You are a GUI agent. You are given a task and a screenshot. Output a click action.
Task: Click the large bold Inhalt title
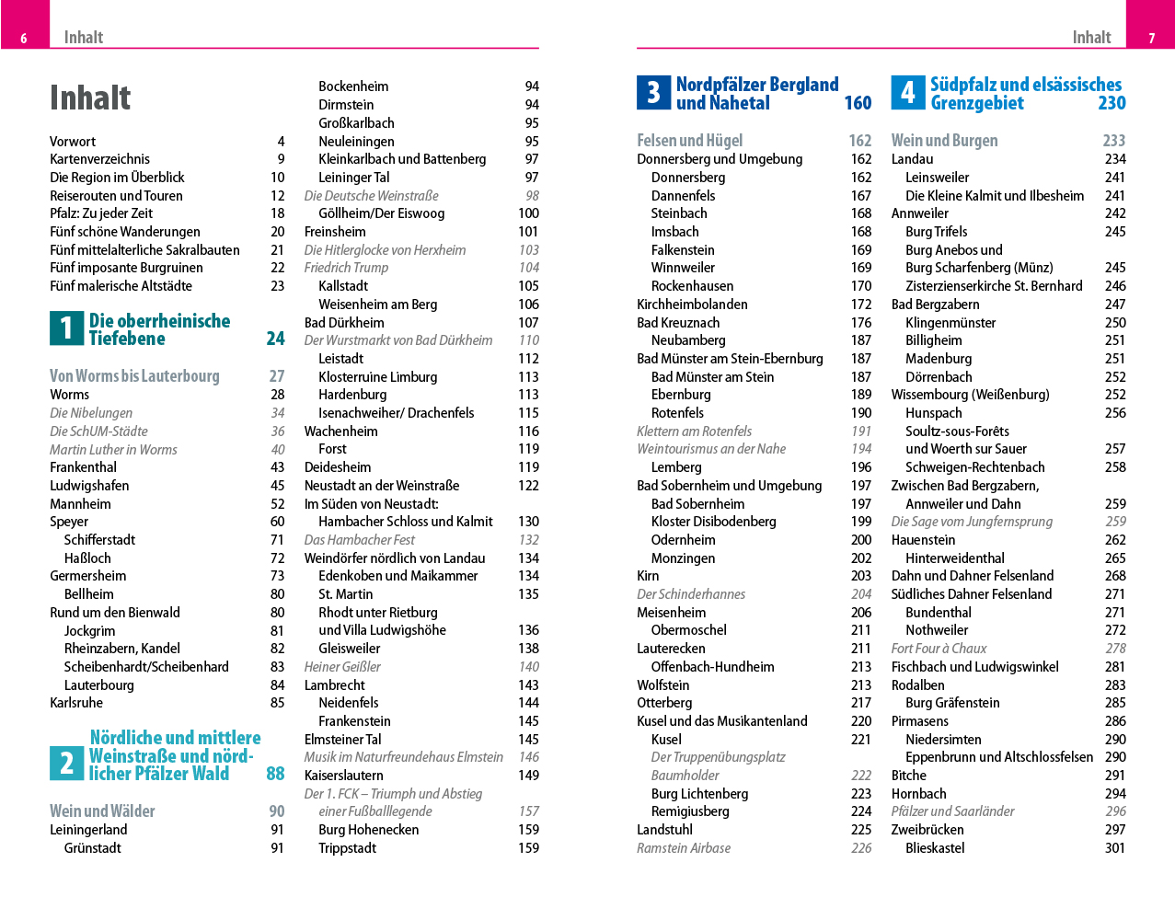(x=90, y=98)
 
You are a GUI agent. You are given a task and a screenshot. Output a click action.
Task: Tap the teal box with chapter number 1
(x=66, y=328)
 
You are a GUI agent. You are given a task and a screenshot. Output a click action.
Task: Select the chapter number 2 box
(x=66, y=764)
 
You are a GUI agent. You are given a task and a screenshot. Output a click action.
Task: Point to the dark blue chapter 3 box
(x=653, y=93)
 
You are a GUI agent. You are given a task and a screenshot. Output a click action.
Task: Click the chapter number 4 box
(x=907, y=93)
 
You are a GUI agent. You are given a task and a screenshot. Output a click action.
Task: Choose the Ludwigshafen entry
(x=89, y=486)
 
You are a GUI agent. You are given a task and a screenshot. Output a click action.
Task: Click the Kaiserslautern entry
(x=344, y=776)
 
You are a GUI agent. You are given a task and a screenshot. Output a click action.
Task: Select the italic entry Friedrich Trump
(x=346, y=268)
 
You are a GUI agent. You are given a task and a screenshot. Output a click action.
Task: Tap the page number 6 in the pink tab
(x=24, y=38)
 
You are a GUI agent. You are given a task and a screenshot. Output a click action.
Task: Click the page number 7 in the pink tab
(x=1151, y=38)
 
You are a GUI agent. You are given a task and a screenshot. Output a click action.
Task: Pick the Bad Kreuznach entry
(x=678, y=323)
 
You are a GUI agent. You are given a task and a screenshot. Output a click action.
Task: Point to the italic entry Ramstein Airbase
(x=684, y=848)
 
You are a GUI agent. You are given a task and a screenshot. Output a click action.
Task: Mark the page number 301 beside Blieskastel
(x=1115, y=848)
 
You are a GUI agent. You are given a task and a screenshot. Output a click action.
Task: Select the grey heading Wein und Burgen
(x=944, y=141)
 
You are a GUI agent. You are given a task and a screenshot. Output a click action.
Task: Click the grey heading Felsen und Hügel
(x=689, y=141)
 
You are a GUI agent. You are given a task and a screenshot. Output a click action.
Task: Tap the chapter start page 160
(x=858, y=103)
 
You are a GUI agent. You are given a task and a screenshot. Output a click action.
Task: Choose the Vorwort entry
(x=73, y=142)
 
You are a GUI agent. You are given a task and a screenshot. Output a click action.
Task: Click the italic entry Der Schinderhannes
(x=691, y=594)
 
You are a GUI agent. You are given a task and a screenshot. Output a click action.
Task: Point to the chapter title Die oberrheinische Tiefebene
(x=159, y=329)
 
